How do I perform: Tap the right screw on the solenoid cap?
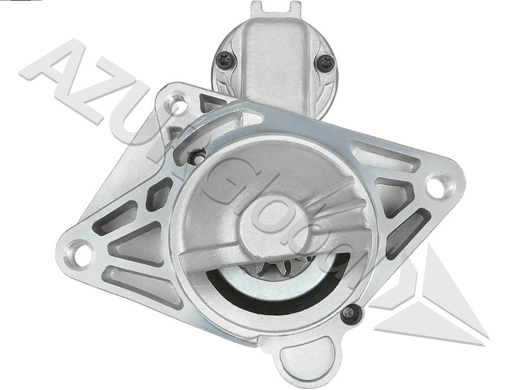(x=326, y=63)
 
